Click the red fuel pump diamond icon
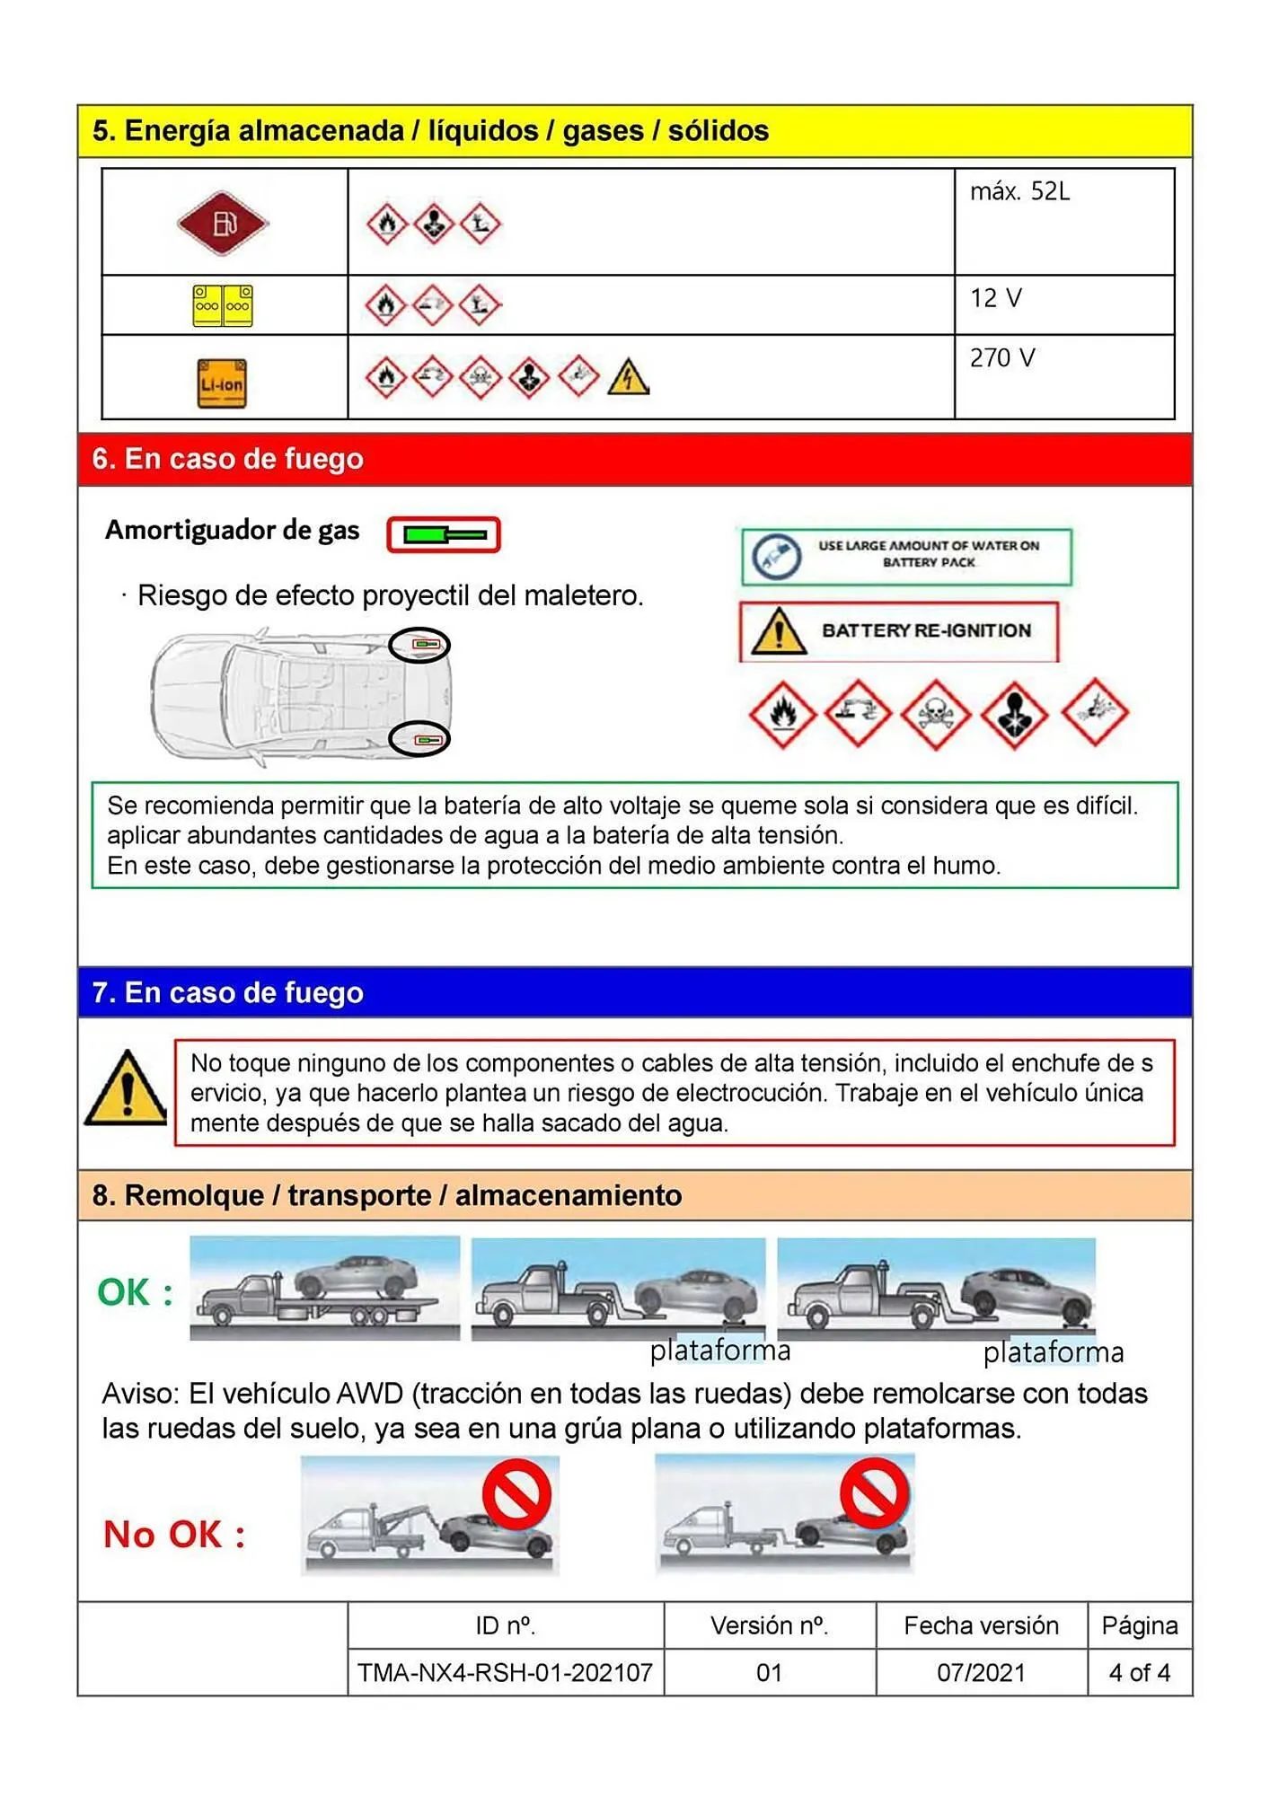point(223,223)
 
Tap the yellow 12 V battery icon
point(223,305)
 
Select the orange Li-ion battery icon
point(222,384)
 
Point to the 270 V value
point(1002,358)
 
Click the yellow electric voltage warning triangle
point(628,378)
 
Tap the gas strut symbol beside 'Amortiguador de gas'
point(443,534)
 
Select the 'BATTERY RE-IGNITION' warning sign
point(899,631)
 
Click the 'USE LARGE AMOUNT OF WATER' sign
point(906,556)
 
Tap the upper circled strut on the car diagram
point(419,645)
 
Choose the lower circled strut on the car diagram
point(419,739)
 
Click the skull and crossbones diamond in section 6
point(936,714)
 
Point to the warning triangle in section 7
point(126,1090)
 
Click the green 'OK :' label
point(135,1292)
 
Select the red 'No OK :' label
point(174,1534)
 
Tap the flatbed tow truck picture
point(324,1289)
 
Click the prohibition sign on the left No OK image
point(516,1493)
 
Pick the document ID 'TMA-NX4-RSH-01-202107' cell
point(505,1672)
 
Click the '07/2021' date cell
point(981,1672)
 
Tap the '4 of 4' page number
point(1139,1672)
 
